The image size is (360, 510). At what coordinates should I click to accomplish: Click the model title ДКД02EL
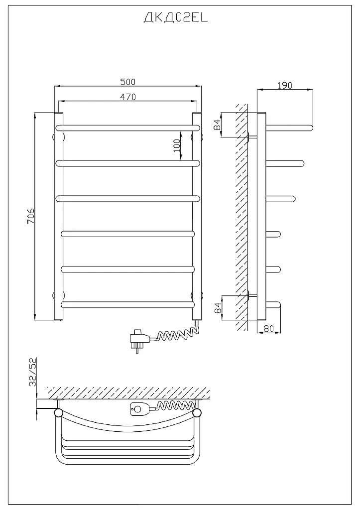click(x=175, y=18)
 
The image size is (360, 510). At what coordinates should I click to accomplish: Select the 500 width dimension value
click(x=128, y=82)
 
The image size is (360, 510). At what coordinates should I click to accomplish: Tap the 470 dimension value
click(x=128, y=97)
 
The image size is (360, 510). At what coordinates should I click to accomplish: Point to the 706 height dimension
click(x=30, y=216)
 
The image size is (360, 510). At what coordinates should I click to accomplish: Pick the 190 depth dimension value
click(x=285, y=85)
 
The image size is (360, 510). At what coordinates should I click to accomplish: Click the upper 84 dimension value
click(x=218, y=125)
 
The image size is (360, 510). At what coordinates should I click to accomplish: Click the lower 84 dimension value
click(x=218, y=307)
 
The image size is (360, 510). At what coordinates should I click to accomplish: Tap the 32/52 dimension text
click(x=33, y=372)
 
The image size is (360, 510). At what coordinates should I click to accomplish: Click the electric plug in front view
click(x=140, y=340)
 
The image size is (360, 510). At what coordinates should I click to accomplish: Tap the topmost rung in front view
click(x=128, y=128)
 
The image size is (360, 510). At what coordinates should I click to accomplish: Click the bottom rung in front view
click(x=128, y=305)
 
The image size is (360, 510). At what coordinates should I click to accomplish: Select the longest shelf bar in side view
click(x=289, y=127)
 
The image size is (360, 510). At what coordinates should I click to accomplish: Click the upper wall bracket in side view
click(x=252, y=137)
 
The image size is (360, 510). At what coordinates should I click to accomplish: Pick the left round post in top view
click(x=59, y=413)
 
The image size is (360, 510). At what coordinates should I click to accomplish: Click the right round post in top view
click(x=197, y=413)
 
